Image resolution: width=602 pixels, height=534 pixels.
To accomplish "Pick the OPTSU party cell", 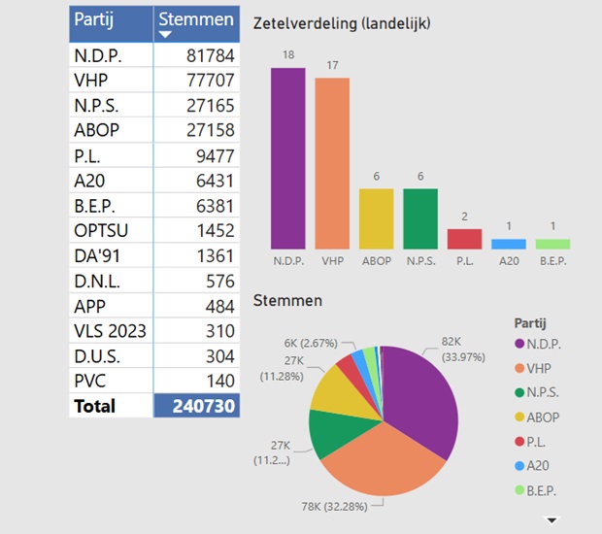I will tap(101, 230).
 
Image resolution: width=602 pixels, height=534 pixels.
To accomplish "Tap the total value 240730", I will tap(196, 406).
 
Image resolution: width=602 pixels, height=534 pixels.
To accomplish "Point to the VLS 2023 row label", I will tap(110, 331).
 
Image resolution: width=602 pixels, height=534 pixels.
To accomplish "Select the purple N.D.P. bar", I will tap(287, 158).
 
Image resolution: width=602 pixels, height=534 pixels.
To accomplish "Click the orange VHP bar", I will tap(332, 163).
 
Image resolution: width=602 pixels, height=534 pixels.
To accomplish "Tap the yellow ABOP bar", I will tap(376, 218).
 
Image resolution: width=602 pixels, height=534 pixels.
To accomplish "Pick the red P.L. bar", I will tap(464, 239).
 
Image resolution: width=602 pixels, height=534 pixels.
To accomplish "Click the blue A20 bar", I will tap(508, 245).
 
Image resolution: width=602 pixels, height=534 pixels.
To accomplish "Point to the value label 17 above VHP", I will tap(332, 66).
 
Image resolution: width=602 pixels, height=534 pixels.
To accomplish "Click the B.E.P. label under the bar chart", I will tap(552, 261).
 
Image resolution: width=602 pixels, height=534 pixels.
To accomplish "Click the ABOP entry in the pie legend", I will tap(544, 417).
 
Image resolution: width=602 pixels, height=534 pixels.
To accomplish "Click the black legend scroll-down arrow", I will tap(552, 519).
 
